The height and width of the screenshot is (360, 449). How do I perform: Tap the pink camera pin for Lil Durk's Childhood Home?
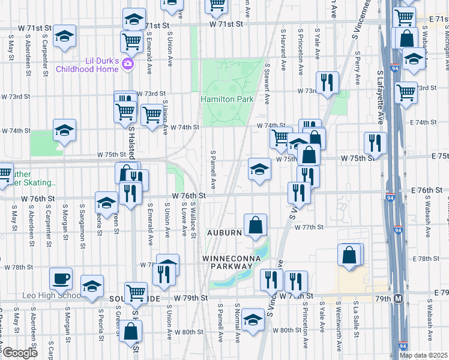click(128, 64)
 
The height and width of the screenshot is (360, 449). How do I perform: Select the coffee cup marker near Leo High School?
click(61, 279)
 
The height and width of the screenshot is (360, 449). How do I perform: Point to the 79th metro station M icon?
click(398, 299)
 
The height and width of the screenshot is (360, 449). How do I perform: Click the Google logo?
click(19, 353)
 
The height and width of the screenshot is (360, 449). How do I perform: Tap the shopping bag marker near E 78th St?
click(350, 255)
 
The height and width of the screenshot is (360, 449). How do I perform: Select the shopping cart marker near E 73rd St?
click(406, 92)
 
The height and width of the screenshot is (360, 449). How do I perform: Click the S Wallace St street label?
click(193, 220)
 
